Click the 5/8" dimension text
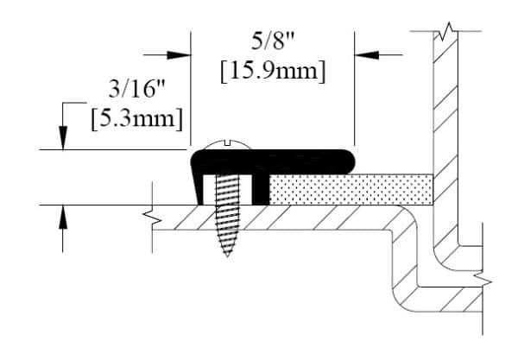pyautogui.click(x=273, y=41)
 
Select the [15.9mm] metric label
pyautogui.click(x=273, y=71)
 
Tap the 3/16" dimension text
pyautogui.click(x=136, y=89)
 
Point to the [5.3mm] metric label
pyautogui.click(x=136, y=118)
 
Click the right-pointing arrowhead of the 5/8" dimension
pyautogui.click(x=179, y=55)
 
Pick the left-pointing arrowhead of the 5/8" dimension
pyautogui.click(x=367, y=55)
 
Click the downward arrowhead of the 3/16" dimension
pyautogui.click(x=63, y=138)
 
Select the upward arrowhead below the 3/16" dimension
pyautogui.click(x=63, y=217)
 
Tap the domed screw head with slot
pyautogui.click(x=227, y=145)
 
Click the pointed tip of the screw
pyautogui.click(x=227, y=256)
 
